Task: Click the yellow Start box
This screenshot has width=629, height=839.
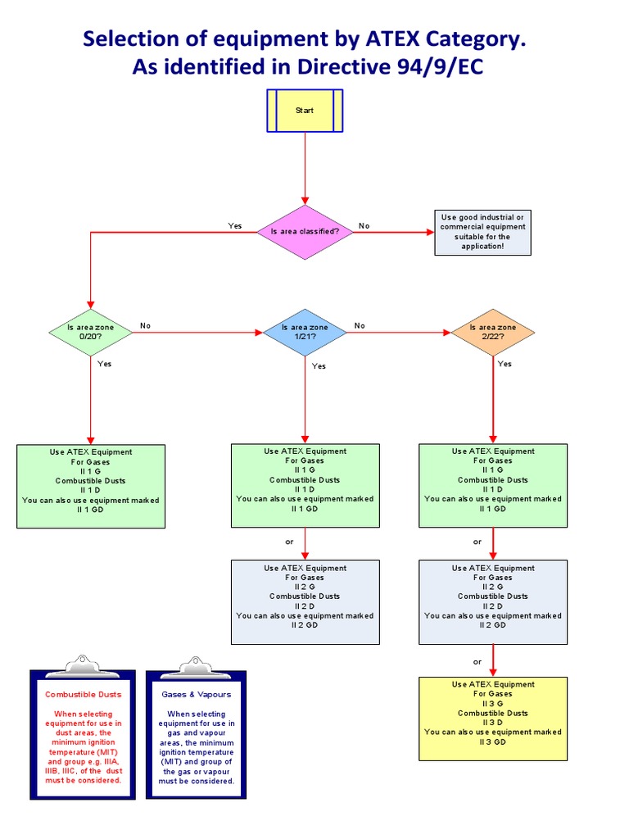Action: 305,110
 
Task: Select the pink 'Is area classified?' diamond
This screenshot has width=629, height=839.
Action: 305,232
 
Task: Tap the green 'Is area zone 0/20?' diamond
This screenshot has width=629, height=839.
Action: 90,332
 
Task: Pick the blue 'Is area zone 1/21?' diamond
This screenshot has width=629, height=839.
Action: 305,332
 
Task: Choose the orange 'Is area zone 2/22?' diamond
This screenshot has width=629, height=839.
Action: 493,332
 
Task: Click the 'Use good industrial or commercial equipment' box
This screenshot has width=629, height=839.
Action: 482,232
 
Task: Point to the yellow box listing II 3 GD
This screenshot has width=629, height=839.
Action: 493,719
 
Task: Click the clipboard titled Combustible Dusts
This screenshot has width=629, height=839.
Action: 82,733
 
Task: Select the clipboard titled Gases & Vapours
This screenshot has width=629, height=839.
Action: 197,733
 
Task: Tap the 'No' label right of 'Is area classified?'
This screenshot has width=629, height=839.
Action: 364,225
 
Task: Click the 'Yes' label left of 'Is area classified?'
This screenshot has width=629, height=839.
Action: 235,225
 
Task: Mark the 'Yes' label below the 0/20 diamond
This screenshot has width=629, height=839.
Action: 105,363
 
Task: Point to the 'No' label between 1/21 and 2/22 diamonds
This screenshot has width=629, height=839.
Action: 360,325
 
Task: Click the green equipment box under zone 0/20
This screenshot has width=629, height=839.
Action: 90,486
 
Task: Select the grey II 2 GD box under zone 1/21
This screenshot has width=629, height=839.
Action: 305,602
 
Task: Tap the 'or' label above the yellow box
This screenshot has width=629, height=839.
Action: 477,661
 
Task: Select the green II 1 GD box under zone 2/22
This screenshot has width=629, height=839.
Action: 493,485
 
